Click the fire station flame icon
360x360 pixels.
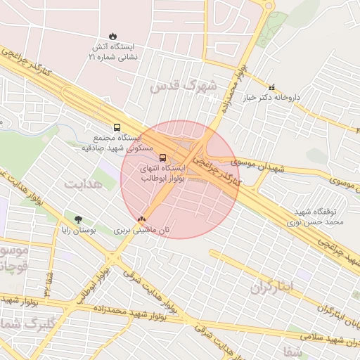(x=113, y=36)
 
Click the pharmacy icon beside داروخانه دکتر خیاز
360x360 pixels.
(x=272, y=87)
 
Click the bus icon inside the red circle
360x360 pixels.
(x=163, y=157)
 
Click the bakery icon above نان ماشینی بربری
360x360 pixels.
(x=143, y=219)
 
